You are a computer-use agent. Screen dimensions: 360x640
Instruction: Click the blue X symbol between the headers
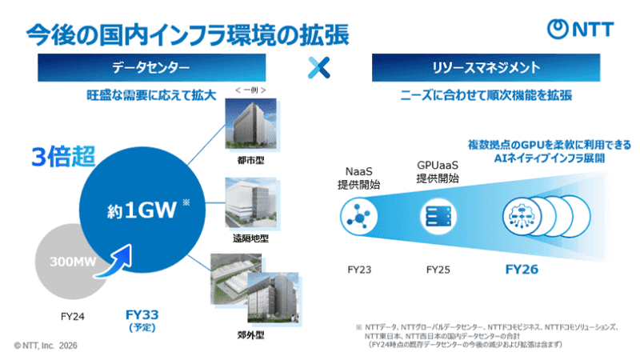coord(319,67)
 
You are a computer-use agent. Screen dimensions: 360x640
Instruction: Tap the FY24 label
coord(73,315)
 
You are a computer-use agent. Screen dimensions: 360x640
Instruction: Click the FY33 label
coord(146,314)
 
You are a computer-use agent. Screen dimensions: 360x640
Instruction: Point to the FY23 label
coord(359,270)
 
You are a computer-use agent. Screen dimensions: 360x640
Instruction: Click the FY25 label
coord(438,270)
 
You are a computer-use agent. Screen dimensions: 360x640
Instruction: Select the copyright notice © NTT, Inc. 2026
coord(46,345)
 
